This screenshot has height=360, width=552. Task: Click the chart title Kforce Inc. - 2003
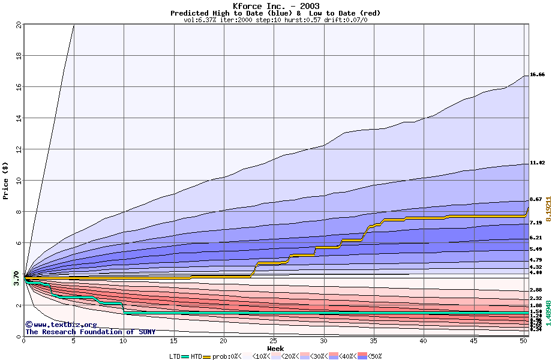(275, 6)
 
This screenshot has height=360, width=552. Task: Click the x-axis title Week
(275, 349)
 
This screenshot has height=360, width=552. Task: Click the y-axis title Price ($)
(5, 181)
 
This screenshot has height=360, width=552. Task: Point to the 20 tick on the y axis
(19, 25)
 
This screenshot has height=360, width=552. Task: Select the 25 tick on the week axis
(274, 341)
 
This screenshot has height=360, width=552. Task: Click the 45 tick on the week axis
(473, 341)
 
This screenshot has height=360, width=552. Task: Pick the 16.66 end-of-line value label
(537, 74)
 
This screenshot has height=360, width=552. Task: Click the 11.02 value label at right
(537, 163)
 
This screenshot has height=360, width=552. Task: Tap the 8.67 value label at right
(535, 199)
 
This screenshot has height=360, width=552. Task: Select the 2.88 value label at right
(535, 290)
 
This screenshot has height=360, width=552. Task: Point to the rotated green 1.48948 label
(548, 317)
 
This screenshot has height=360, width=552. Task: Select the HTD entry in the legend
(196, 356)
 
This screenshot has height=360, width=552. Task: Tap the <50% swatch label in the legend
(374, 356)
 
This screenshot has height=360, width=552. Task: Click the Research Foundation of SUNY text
(90, 332)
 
